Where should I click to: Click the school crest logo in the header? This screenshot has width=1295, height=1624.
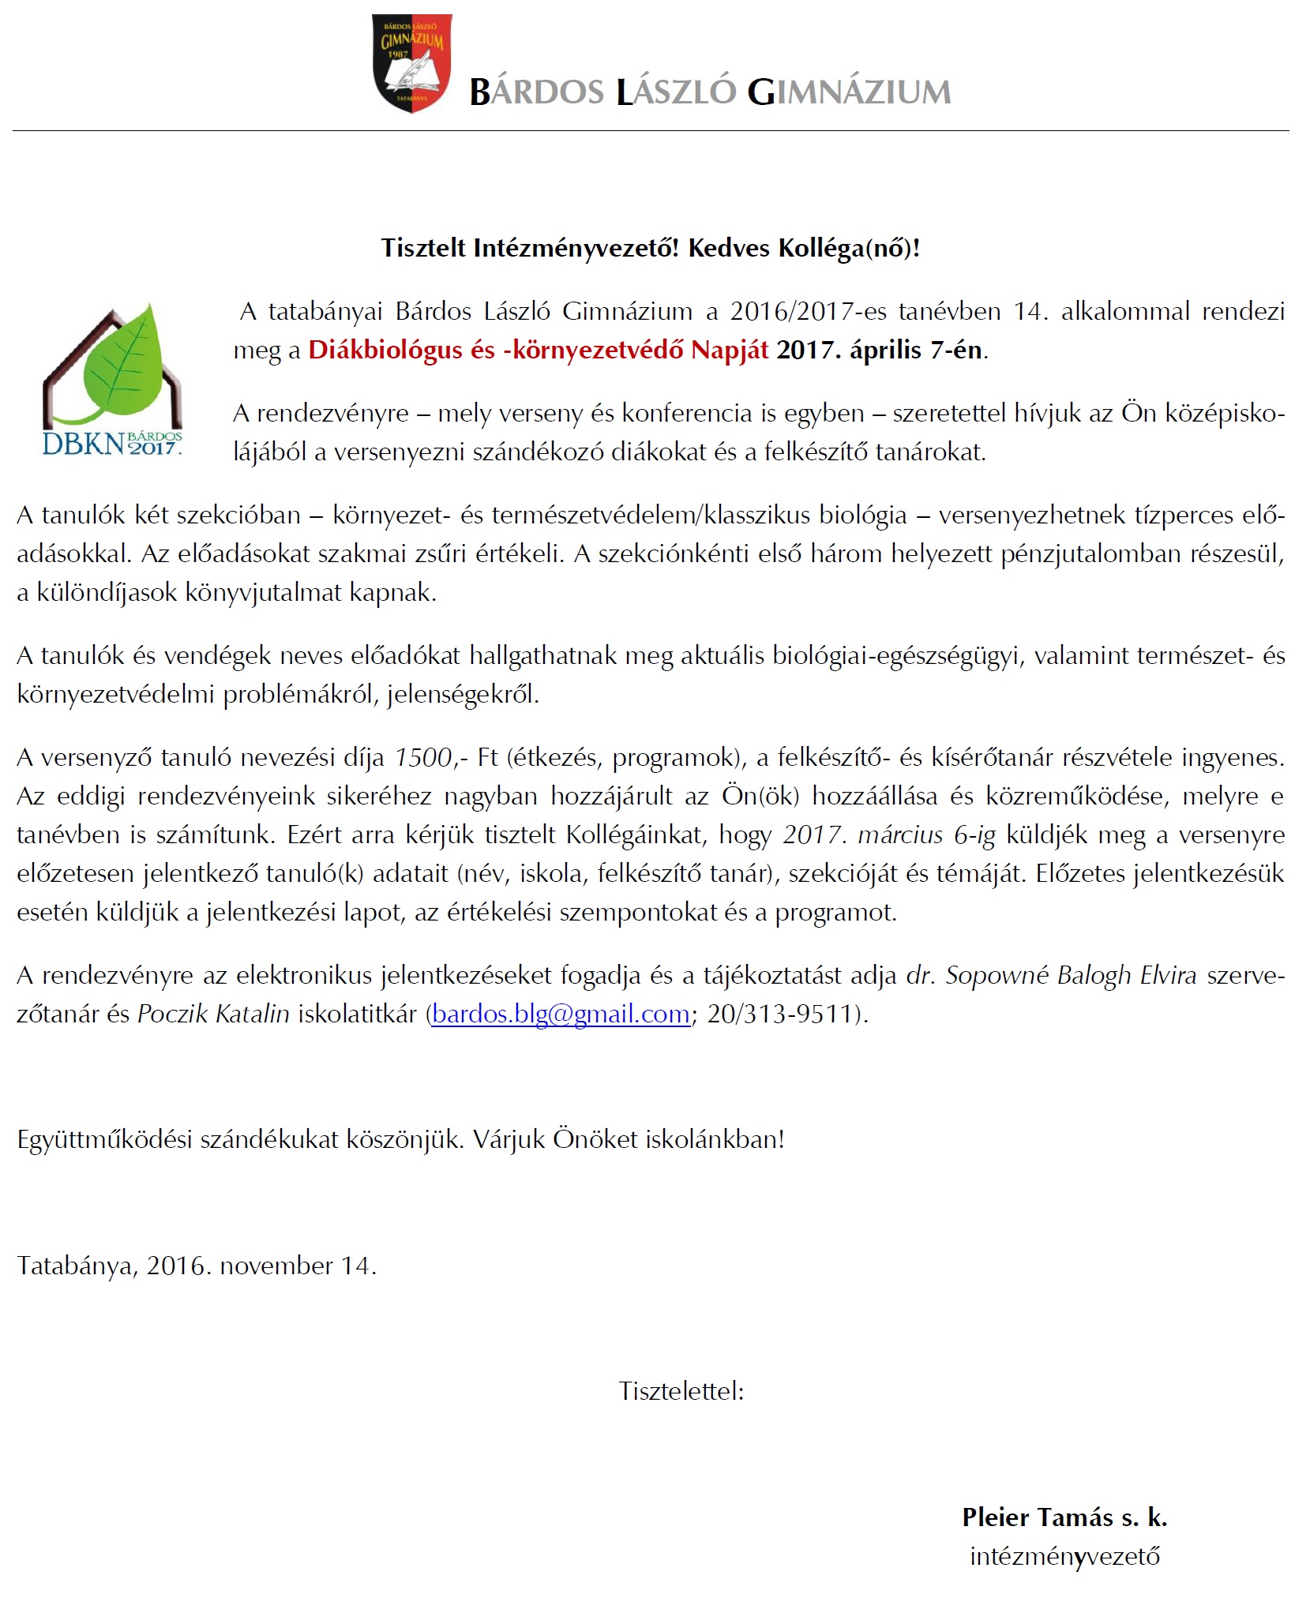coord(411,62)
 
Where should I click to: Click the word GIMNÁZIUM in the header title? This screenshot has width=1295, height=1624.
coord(849,92)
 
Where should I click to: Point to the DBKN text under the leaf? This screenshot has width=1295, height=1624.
coord(83,444)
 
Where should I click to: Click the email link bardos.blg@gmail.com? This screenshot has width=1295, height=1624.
coord(561,1014)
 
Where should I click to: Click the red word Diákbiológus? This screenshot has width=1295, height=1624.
coord(385,350)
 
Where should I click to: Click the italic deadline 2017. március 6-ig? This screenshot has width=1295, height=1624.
coord(889,835)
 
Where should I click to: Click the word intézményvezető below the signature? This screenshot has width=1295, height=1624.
coord(1064,1556)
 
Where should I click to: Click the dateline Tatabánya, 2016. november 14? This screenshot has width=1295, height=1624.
coord(197,1266)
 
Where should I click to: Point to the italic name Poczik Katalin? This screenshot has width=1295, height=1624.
coord(213,1014)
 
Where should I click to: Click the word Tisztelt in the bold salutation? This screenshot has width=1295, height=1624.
coord(423,249)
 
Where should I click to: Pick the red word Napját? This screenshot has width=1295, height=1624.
coord(729,350)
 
